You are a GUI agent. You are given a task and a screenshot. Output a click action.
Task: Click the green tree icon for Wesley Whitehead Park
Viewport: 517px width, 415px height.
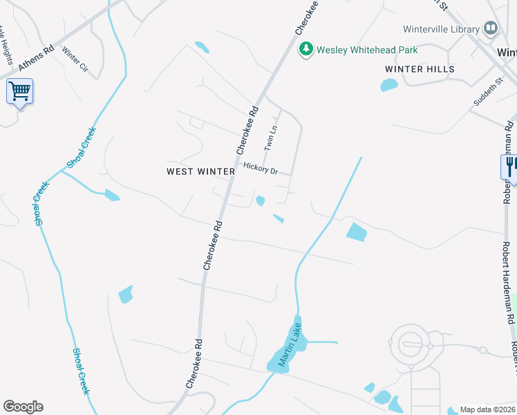(305, 49)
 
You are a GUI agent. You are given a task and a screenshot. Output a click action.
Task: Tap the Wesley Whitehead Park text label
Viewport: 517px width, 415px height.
(367, 50)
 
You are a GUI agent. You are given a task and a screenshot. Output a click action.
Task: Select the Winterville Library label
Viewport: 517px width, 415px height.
(441, 29)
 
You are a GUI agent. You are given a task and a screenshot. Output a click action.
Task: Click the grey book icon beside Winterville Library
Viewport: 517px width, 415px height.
(491, 28)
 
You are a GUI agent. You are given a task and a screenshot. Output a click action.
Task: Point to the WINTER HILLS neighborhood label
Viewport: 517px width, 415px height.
(420, 69)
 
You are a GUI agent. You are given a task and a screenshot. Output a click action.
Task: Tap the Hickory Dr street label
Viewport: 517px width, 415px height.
(261, 168)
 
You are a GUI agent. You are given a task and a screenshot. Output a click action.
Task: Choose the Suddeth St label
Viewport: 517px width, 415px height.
(486, 92)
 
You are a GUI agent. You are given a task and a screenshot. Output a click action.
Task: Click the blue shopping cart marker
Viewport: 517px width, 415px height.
(19, 91)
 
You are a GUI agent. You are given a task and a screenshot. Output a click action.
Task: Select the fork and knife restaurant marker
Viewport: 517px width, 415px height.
(510, 167)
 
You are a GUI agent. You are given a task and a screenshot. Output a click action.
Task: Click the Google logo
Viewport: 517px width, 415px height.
(23, 407)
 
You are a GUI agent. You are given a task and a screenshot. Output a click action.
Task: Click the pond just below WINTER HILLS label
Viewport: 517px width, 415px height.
(389, 85)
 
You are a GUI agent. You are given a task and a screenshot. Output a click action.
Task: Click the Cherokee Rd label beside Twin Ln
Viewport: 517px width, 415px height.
(247, 129)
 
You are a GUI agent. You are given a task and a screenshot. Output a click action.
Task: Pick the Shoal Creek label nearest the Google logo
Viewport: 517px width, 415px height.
(82, 371)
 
